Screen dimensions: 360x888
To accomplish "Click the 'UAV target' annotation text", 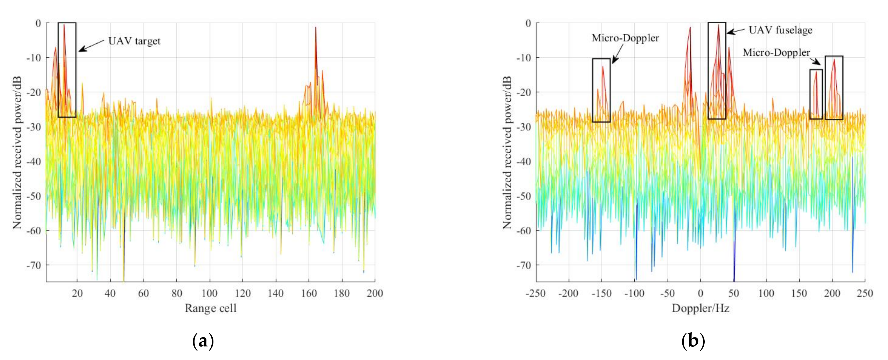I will click(x=134, y=41).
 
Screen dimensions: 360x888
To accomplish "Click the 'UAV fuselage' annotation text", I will click(x=780, y=30).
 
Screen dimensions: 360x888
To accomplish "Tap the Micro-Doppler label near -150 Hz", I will click(x=625, y=38).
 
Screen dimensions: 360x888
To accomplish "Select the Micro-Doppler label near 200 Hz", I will click(x=776, y=52).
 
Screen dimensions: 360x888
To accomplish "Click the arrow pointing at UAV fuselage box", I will click(x=736, y=31).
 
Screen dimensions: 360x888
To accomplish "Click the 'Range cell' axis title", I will click(x=210, y=308).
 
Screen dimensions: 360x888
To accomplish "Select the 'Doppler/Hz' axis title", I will click(x=700, y=308).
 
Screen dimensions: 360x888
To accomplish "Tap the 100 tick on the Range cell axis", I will click(x=209, y=293).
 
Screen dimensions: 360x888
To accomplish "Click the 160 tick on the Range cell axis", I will click(x=309, y=293).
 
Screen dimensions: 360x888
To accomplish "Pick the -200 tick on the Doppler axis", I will click(x=568, y=293).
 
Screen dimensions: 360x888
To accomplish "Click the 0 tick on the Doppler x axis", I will click(x=700, y=293).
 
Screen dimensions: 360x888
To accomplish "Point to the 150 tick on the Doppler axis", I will click(x=799, y=293).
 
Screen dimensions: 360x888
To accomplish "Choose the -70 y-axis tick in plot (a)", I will click(x=33, y=265).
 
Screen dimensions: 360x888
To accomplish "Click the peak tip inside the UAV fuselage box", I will click(x=719, y=25).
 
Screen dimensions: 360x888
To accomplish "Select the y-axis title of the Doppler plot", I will click(x=507, y=153).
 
